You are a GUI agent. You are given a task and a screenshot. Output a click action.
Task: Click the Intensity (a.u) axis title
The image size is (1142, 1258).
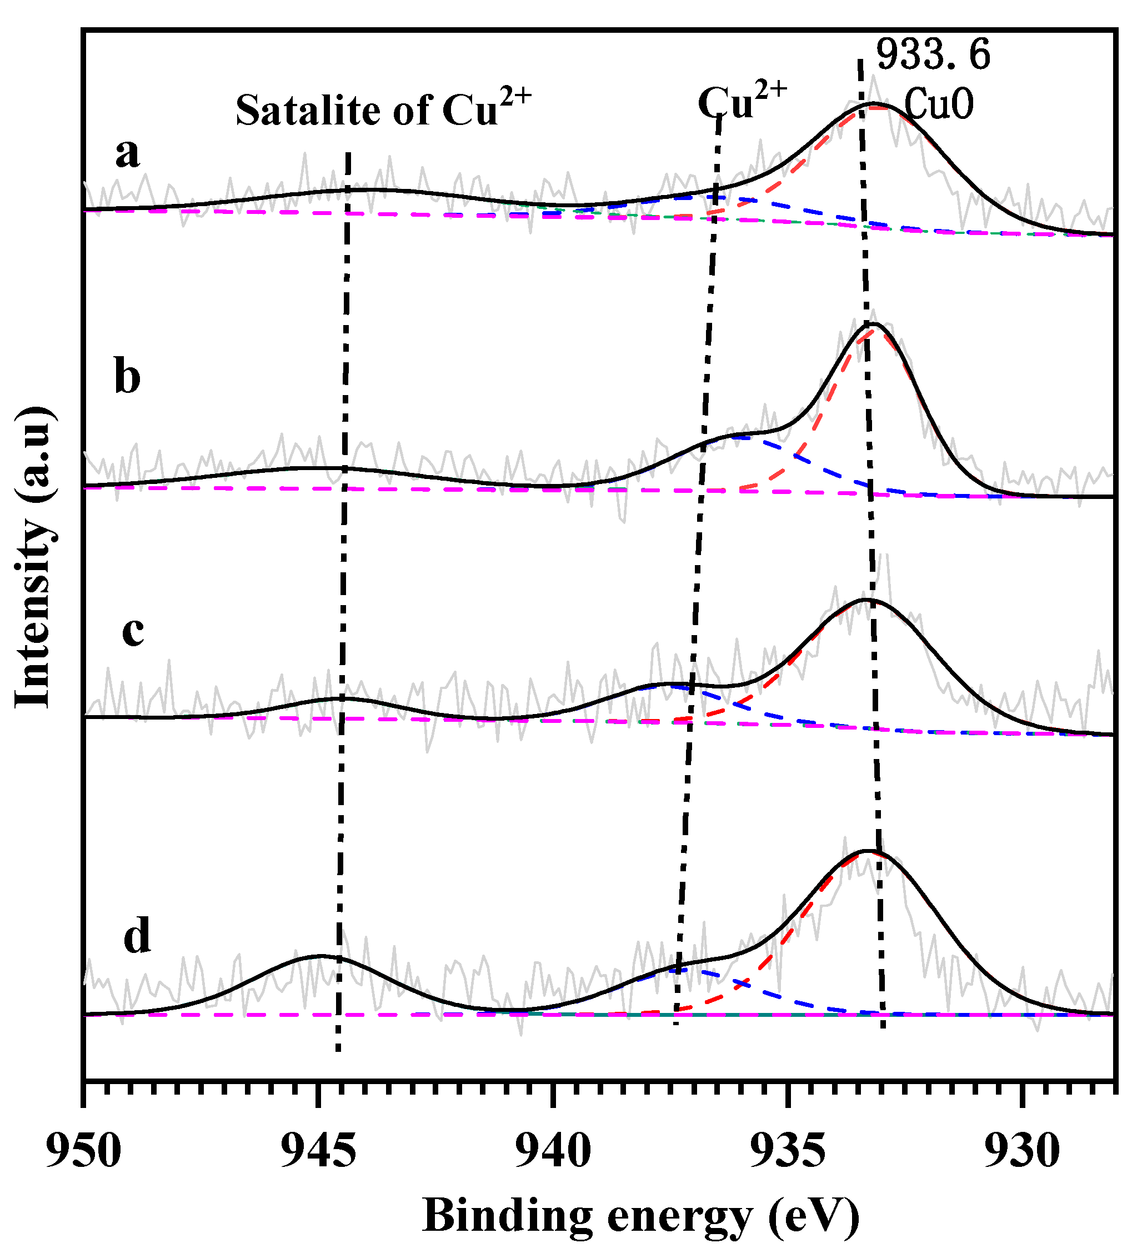(32, 557)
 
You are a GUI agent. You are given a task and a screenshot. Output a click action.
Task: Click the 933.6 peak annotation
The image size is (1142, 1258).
(933, 55)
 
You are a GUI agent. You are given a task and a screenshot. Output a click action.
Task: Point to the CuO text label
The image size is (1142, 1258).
(939, 104)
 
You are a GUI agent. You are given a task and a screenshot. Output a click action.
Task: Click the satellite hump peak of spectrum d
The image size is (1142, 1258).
(320, 955)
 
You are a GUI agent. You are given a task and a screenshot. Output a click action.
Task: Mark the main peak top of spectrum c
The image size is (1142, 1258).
(866, 599)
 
